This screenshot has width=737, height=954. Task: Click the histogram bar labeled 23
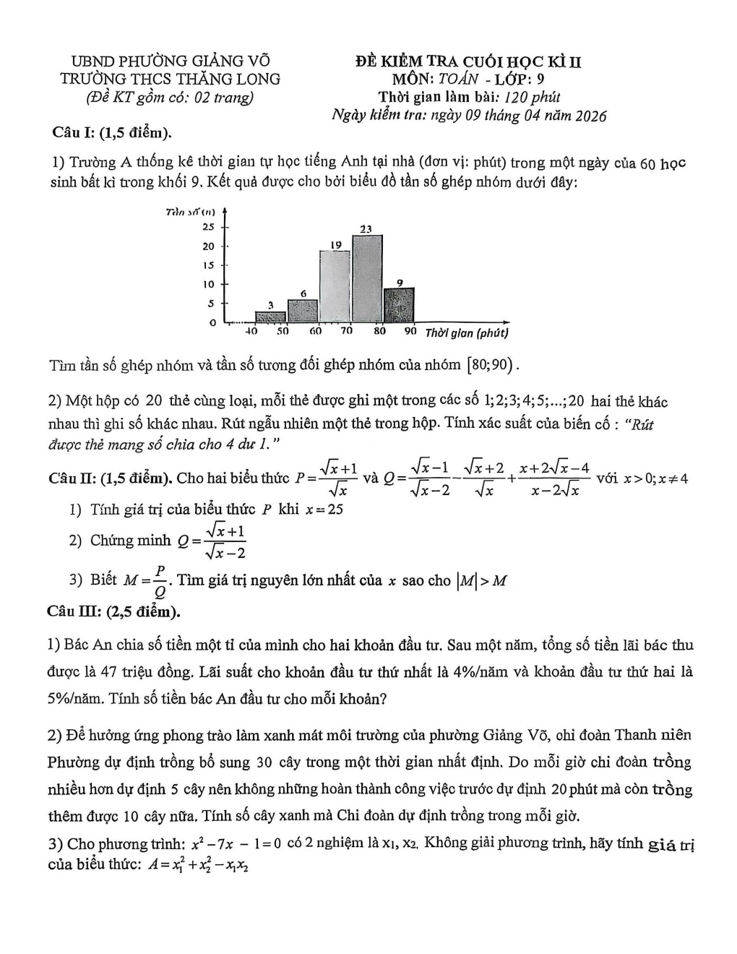tap(367, 278)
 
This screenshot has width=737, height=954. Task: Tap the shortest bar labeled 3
tap(271, 317)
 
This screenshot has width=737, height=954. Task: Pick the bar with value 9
tap(400, 305)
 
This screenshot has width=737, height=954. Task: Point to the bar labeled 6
tap(303, 311)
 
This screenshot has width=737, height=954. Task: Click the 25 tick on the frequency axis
tap(208, 226)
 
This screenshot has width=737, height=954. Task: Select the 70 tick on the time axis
tap(347, 331)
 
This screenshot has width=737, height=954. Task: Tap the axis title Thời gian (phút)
tap(467, 332)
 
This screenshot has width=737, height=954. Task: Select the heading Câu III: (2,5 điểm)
tap(114, 611)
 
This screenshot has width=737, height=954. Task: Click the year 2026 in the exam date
tap(590, 116)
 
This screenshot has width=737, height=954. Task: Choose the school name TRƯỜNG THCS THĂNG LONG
tap(171, 79)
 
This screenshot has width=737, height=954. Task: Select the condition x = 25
tap(324, 509)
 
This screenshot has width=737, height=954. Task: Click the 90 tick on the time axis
tap(410, 331)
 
